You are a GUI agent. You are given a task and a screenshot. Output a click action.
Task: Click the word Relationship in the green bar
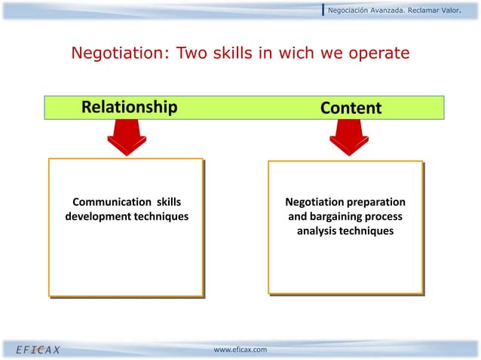pyautogui.click(x=129, y=108)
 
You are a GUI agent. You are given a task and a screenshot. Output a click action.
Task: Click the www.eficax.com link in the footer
pyautogui.click(x=240, y=350)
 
